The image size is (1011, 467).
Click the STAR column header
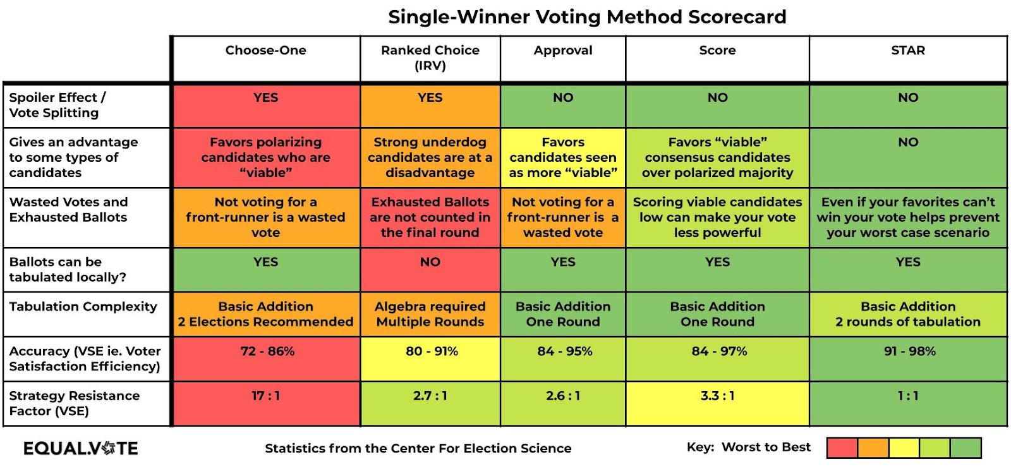point(908,51)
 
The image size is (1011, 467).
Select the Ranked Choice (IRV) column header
point(430,58)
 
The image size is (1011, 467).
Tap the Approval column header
point(562,51)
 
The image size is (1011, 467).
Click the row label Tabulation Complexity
point(83,306)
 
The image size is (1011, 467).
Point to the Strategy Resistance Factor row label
point(74,403)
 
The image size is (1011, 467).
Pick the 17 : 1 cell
point(265,396)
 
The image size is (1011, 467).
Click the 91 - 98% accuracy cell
point(909,351)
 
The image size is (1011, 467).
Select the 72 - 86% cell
point(267,351)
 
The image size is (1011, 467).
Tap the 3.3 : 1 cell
point(717,396)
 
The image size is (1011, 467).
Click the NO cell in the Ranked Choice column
point(430,262)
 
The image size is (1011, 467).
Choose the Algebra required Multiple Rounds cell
point(430,314)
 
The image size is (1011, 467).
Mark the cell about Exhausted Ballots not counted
point(430,217)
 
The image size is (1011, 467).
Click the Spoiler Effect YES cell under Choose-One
point(265,98)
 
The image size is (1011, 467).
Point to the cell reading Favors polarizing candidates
point(265,157)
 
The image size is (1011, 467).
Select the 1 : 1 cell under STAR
point(908,396)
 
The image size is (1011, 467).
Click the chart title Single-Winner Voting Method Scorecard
point(587,17)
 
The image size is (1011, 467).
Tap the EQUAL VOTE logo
point(80,449)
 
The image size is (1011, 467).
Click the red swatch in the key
point(842,448)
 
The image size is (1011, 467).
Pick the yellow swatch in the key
point(904,448)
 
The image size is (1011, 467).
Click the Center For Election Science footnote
point(418,449)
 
